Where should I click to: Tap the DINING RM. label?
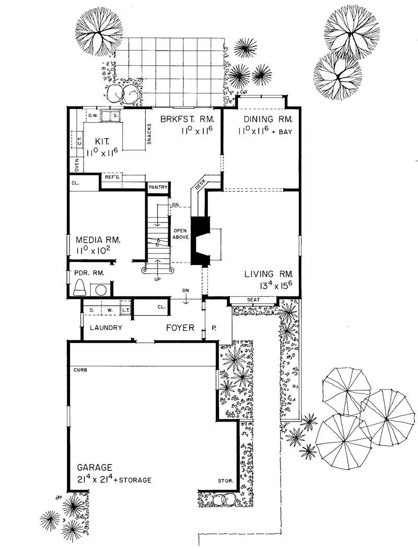[264, 120]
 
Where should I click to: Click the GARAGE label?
[94, 467]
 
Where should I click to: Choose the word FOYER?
[180, 328]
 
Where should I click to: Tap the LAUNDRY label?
[106, 328]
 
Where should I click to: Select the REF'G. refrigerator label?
[113, 177]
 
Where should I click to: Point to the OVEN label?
[76, 164]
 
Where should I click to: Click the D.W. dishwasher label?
[94, 115]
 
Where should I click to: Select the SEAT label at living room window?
[254, 300]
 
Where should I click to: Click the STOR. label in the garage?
[225, 481]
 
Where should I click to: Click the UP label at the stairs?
[157, 279]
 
